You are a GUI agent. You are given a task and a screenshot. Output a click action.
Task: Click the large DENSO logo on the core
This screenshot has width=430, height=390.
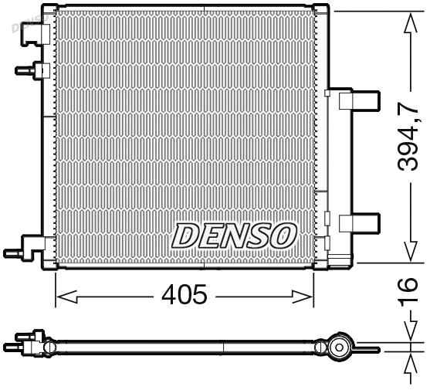(x=233, y=235)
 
